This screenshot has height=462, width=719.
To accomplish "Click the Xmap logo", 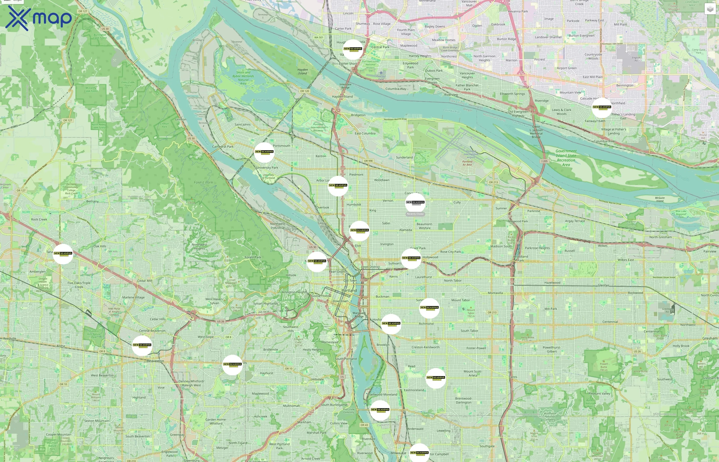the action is click(39, 18).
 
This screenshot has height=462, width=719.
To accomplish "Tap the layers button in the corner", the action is click(710, 9).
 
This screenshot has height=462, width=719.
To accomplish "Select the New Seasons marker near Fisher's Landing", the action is click(602, 107).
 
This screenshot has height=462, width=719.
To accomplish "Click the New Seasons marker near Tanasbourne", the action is click(63, 254).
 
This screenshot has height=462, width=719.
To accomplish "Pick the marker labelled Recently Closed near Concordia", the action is click(415, 203).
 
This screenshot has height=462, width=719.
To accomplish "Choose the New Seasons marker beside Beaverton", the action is click(142, 345).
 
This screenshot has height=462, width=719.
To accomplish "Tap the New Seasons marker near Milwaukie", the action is click(419, 453).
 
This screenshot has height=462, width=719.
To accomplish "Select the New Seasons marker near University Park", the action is click(264, 152).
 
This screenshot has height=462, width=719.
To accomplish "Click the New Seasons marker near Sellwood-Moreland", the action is click(380, 410).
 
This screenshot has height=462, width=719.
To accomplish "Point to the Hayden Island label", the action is click(342, 97).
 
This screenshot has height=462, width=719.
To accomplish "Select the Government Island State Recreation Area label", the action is click(566, 158).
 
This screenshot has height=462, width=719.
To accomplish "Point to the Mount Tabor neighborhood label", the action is click(460, 300).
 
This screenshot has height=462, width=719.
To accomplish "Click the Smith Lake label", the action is click(263, 100).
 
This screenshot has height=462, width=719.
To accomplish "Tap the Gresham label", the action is click(710, 338).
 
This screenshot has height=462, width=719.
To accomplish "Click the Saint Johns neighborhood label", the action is click(242, 124).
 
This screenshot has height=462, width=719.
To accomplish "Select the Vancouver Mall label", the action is click(469, 3).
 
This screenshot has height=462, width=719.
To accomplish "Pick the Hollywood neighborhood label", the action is click(430, 257).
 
